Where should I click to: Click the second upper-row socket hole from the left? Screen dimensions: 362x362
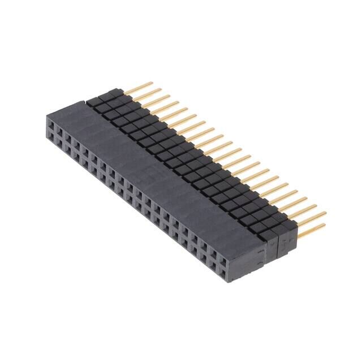(60, 128)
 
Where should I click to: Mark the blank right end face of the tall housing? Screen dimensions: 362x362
(248, 260)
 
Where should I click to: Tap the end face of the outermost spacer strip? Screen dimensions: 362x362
(288, 238)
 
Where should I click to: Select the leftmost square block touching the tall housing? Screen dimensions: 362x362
(92, 102)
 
